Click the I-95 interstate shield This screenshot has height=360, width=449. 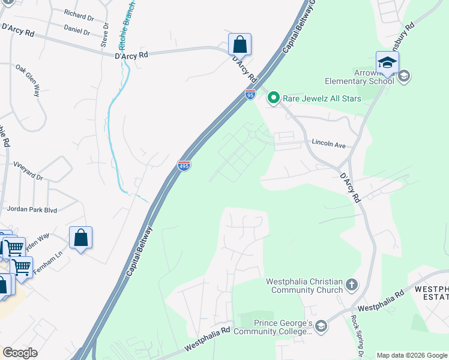250,94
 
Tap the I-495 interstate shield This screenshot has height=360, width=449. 184,165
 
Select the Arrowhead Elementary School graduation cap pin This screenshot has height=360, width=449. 387,63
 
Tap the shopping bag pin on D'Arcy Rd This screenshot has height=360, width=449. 240,44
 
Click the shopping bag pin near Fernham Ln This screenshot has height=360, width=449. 80,238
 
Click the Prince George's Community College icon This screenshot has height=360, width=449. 321,326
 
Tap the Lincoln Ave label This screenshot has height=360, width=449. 328,144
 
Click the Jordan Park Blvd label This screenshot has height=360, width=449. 32,209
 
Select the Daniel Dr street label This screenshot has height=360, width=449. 77,31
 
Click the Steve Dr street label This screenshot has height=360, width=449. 104,35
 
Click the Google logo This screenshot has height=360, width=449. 19,353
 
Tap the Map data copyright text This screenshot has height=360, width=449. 411,355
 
